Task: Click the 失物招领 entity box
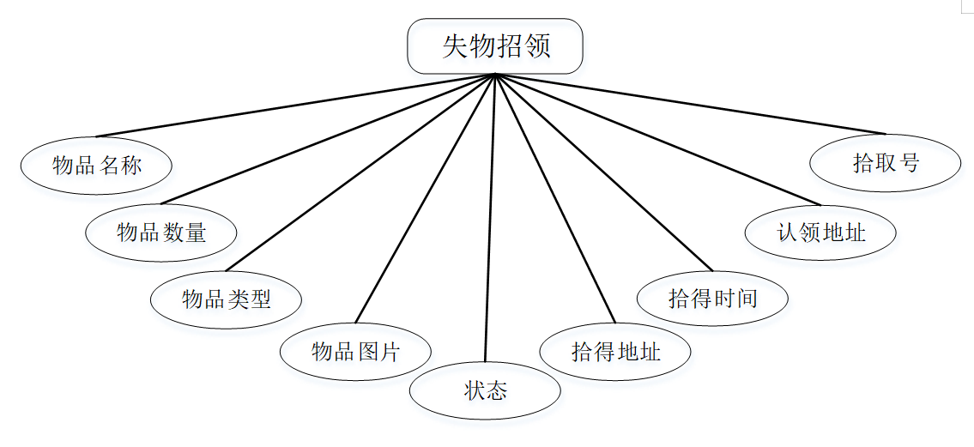click(495, 46)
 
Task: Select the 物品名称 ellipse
click(96, 166)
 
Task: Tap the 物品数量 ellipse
click(161, 232)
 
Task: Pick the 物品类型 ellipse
click(226, 299)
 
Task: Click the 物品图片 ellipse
click(355, 352)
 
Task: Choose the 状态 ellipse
click(485, 391)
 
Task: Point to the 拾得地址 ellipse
click(615, 352)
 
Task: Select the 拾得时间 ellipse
click(712, 299)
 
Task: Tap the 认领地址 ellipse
click(820, 233)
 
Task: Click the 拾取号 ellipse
click(885, 163)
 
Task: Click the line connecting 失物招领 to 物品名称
click(295, 106)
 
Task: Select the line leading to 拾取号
click(690, 104)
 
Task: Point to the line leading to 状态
click(490, 218)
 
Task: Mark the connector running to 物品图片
click(425, 198)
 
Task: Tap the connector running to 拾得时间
click(604, 172)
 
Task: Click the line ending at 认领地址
click(658, 140)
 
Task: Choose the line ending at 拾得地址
click(555, 198)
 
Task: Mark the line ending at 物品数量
click(328, 140)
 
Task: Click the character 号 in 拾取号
click(909, 163)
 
